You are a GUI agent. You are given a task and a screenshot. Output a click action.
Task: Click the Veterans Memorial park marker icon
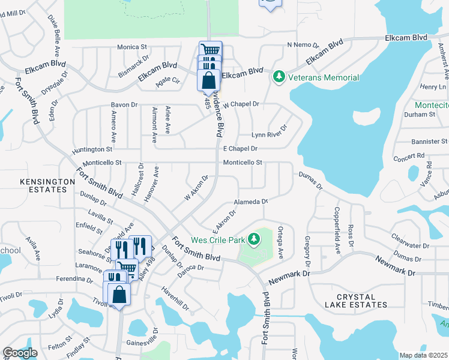click(x=279, y=77)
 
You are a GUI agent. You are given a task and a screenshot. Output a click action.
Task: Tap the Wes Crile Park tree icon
click(x=255, y=240)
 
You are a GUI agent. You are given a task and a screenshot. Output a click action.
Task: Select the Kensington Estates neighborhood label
click(x=43, y=185)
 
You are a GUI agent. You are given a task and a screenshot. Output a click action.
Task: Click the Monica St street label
click(x=132, y=47)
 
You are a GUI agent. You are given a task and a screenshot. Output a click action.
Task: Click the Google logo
click(x=20, y=353)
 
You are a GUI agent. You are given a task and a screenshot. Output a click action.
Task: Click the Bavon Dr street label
click(x=124, y=105)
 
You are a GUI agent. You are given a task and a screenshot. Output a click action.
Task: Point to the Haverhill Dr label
click(x=175, y=298)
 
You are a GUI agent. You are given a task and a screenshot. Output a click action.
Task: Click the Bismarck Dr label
click(x=134, y=61)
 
